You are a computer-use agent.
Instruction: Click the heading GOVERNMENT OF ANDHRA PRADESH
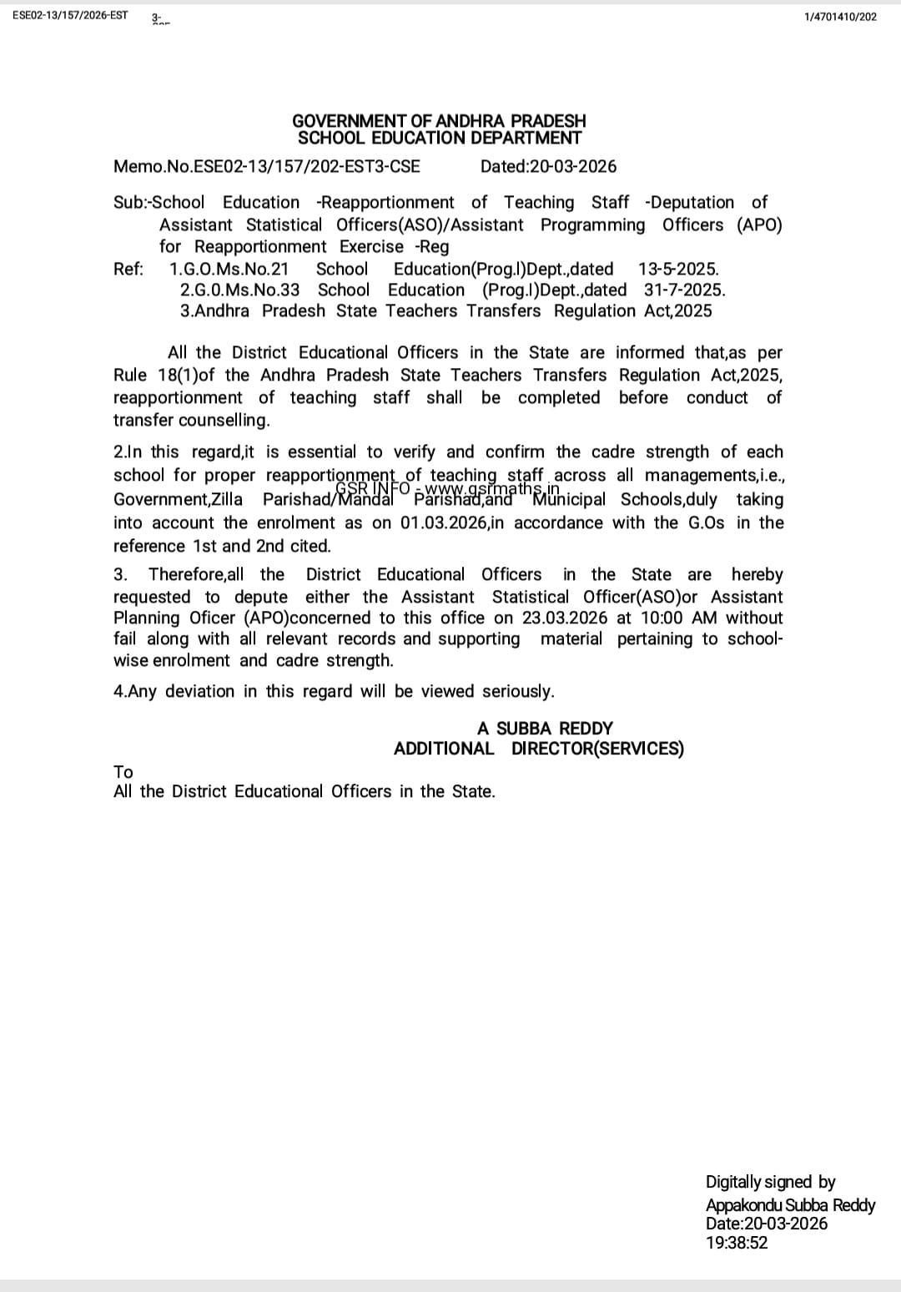[x=439, y=121]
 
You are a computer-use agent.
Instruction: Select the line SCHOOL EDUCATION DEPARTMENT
[x=439, y=139]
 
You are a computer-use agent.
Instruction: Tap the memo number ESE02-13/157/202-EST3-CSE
[x=306, y=166]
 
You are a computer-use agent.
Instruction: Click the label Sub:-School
[x=159, y=203]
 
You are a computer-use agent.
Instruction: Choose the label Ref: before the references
[x=128, y=269]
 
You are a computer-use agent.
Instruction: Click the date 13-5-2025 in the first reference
[x=677, y=269]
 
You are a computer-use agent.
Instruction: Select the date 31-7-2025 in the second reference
[x=684, y=290]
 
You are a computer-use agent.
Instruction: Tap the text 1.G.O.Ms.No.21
[x=229, y=269]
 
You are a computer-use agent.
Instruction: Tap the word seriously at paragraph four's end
[x=517, y=692]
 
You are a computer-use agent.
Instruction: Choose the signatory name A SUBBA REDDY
[x=545, y=729]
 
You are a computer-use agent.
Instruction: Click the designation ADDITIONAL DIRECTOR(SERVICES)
[x=538, y=749]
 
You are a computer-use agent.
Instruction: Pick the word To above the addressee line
[x=123, y=772]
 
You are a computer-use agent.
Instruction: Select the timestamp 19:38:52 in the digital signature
[x=737, y=1243]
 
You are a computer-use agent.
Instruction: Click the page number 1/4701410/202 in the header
[x=840, y=17]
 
